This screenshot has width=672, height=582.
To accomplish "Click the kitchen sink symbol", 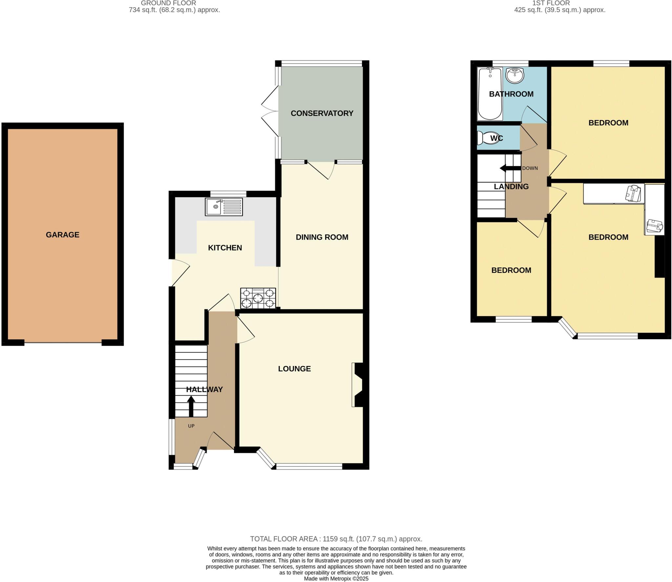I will point(224,207).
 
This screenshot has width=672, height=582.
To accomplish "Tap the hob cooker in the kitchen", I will point(258,298).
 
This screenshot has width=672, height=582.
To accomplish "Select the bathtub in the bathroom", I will point(490,94).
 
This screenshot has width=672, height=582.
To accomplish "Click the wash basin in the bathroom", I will point(514,76).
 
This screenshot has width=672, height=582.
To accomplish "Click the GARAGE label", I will point(63,235).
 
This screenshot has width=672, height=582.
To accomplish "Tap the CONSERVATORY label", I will point(322,113).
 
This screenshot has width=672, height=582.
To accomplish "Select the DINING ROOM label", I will point(322,237).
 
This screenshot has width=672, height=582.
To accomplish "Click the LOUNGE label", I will point(294,369).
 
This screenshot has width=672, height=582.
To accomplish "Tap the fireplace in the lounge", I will point(358,385).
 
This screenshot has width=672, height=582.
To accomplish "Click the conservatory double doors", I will point(270,112).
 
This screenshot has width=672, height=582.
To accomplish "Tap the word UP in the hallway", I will point(191,426).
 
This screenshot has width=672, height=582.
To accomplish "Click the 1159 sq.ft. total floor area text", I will point(336,539).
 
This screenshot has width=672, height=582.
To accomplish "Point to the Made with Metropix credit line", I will point(336,579).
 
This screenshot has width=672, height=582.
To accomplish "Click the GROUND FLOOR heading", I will point(168,3).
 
